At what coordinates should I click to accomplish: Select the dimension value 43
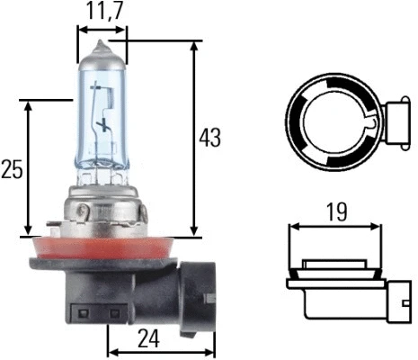(x=209, y=138)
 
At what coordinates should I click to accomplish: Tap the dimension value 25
(x=12, y=169)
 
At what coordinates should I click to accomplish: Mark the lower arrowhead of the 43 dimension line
(x=193, y=231)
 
